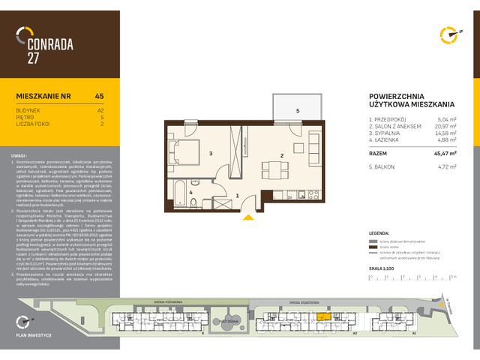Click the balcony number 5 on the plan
(x=297, y=111)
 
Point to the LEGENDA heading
(x=380, y=234)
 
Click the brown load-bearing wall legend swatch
(x=372, y=248)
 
